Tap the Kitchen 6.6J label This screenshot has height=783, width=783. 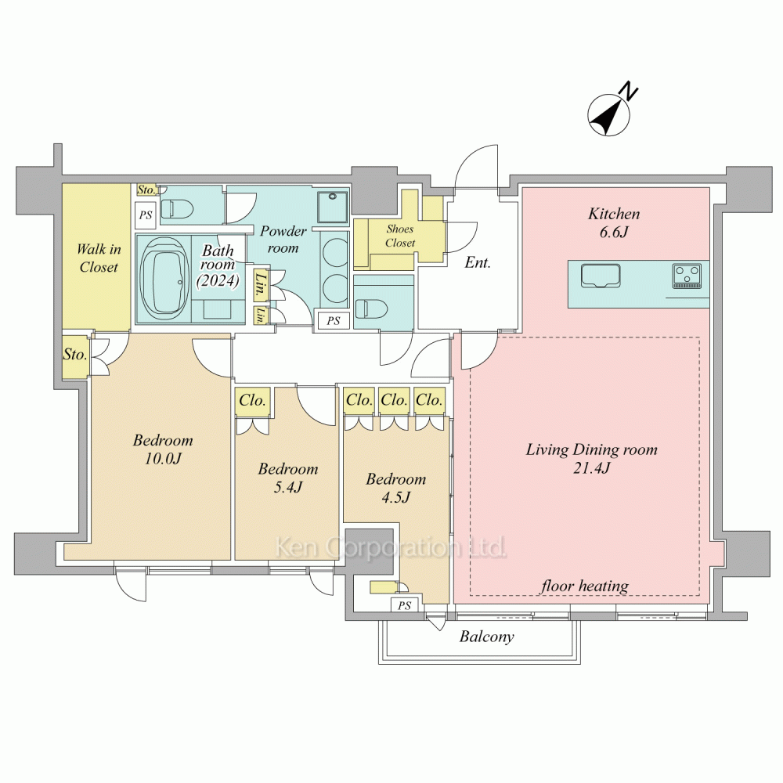coord(614,222)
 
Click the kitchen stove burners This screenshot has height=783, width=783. coord(687,276)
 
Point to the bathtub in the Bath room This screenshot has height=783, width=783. coord(164,276)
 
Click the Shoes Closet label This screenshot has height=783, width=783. coord(400,236)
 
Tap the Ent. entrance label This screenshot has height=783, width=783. coord(478,262)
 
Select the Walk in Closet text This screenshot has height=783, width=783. coord(99,258)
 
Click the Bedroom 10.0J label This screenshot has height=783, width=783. coord(163,449)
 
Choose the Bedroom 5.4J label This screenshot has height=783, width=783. coord(287,478)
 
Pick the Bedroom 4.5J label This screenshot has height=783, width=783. coord(396,488)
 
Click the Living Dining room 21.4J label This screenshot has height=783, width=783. coord(591,458)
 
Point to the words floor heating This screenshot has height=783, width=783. coord(584,585)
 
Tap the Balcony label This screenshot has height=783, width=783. coord(486,637)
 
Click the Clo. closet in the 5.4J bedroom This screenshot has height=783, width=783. coord(253,401)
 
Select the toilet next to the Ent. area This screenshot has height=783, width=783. coord(372,306)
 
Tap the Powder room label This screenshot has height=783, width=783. coord(283,239)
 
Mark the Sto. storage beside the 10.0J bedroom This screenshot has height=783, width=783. coord(75,354)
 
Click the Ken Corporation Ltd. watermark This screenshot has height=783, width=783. coord(391,547)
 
